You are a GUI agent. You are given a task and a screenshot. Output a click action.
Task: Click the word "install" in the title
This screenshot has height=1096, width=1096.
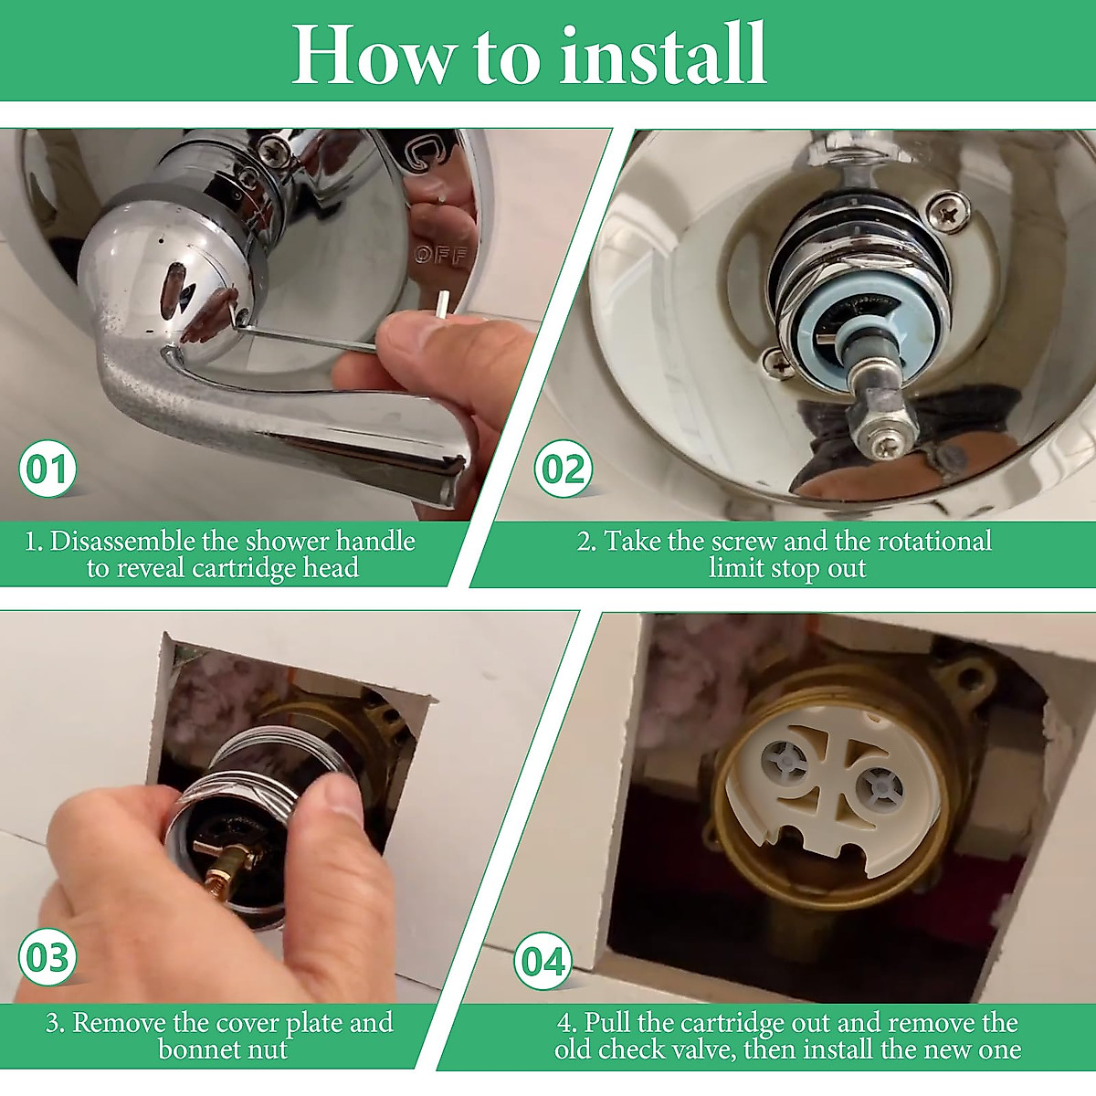(663, 54)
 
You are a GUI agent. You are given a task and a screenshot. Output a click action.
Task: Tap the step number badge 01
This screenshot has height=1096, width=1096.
(47, 469)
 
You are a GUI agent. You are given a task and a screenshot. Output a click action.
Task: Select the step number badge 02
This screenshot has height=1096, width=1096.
(564, 469)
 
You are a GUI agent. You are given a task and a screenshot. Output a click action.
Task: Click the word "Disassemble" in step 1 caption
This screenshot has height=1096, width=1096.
(122, 541)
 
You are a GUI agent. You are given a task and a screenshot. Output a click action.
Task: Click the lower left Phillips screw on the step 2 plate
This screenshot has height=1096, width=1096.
(780, 363)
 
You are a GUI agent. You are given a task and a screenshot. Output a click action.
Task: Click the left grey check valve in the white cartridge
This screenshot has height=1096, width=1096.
(785, 764)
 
